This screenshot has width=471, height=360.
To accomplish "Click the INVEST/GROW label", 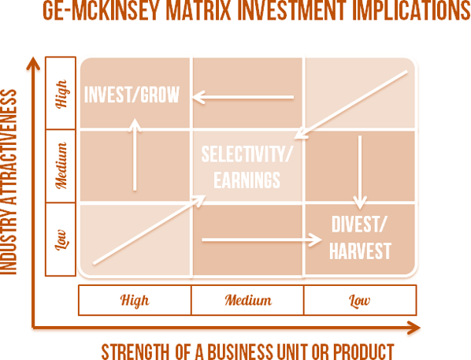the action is click(132, 95).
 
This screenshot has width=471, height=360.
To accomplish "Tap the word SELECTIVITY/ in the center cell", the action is click(247, 154).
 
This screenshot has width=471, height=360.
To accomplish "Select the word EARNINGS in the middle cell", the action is click(247, 180).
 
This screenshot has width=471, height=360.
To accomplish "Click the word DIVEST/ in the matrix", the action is click(358, 225).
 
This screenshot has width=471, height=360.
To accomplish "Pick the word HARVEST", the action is click(360, 251).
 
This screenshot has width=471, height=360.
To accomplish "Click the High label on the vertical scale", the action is click(61, 94).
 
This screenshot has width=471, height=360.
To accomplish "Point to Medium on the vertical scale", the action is click(61, 166).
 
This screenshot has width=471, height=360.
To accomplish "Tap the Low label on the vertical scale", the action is click(61, 239).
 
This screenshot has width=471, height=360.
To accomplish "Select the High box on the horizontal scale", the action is click(135, 300).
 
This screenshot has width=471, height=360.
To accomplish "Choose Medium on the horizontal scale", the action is click(247, 300).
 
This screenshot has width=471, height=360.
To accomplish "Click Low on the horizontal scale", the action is click(360, 300).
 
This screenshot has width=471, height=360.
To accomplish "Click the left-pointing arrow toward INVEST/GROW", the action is click(243, 97).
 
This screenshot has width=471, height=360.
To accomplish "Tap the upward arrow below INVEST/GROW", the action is click(135, 154).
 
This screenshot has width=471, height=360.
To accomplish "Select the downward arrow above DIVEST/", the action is click(360, 173).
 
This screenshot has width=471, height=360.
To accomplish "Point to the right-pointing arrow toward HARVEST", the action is click(261, 239).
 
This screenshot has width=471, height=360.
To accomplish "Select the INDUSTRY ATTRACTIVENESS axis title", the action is click(9, 181).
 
